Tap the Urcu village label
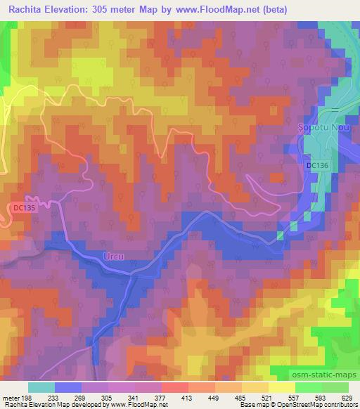click(x=112, y=257)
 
